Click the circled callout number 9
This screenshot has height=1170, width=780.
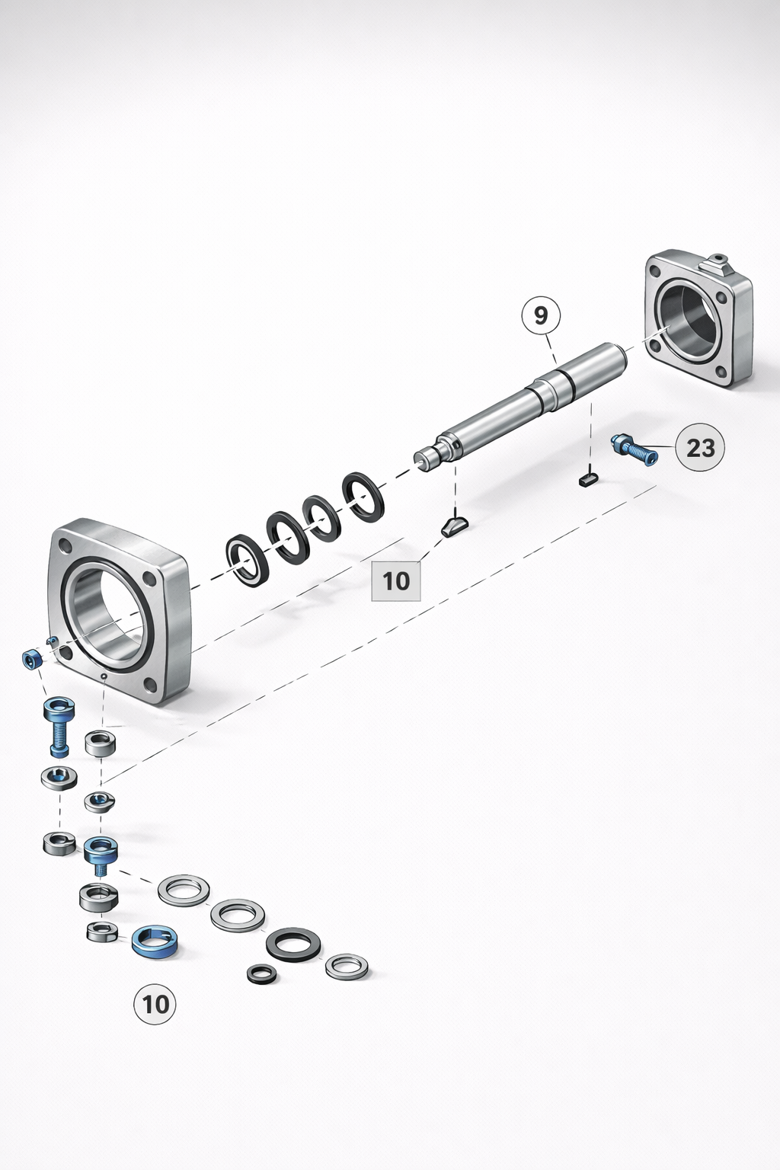(x=541, y=315)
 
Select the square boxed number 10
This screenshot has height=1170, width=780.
(x=396, y=581)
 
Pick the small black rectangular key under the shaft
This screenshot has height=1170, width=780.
(x=589, y=479)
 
